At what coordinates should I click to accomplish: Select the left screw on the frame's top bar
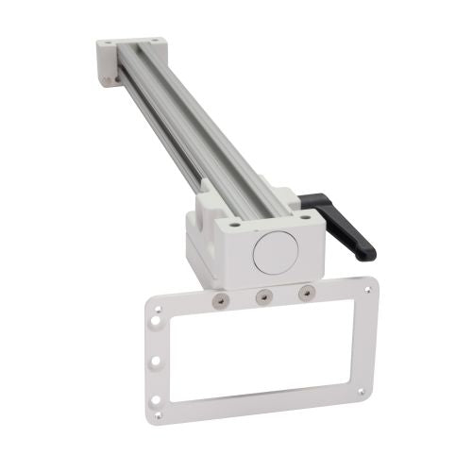pos(219,299)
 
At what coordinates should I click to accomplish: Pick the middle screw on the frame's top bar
pos(263,296)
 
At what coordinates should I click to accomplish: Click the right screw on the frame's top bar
pos(304,294)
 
